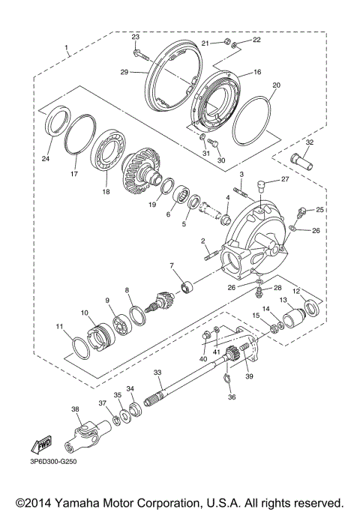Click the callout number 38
(x=74, y=409)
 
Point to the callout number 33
(x=157, y=372)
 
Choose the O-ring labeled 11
(x=82, y=346)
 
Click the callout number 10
(x=84, y=312)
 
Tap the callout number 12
(x=297, y=290)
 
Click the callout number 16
(x=257, y=73)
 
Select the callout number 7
(x=172, y=265)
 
